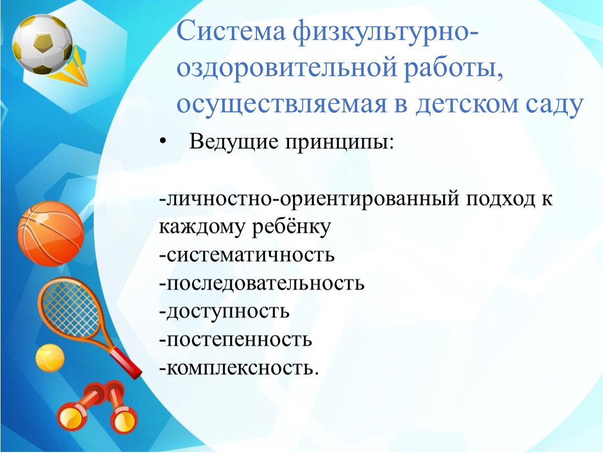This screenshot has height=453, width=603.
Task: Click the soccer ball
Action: tap(42, 44)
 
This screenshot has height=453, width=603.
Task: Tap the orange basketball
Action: tap(50, 233)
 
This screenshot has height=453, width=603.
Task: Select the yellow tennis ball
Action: tap(50, 358)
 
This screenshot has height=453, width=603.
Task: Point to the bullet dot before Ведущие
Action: tap(163, 142)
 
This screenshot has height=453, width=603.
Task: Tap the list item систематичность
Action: tap(246, 255)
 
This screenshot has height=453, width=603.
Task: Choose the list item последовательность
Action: tap(262, 284)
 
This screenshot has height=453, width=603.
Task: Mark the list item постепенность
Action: tap(235, 340)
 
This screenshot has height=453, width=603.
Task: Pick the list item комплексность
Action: tap(239, 369)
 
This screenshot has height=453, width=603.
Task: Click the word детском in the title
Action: tap(467, 104)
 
